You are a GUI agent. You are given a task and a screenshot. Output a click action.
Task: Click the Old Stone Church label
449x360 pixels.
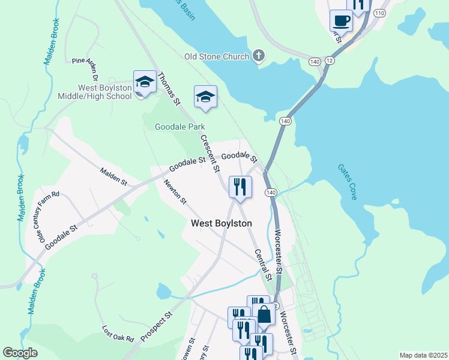coord(217,57)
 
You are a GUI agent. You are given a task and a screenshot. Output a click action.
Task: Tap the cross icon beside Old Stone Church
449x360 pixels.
coord(259,56)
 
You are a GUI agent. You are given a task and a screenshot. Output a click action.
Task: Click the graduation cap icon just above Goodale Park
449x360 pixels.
coord(205,97)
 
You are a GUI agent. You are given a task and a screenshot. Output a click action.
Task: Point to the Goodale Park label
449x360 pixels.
coord(180,127)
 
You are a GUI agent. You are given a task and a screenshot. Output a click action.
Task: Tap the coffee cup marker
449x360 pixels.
coord(342,20)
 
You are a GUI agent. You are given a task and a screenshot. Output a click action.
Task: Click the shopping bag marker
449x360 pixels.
coord(264,314)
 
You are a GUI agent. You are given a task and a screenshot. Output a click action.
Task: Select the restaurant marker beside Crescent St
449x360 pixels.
coord(240,187)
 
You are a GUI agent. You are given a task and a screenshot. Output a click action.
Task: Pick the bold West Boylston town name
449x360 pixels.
coord(221,223)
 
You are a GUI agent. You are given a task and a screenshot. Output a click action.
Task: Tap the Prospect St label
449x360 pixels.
coord(157,326)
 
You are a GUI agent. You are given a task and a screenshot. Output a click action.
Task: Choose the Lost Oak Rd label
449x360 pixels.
coord(118,334)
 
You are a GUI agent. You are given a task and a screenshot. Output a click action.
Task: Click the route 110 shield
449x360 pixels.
coord(379,13)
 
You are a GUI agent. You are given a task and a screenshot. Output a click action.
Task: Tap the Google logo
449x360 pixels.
coord(20,353)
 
